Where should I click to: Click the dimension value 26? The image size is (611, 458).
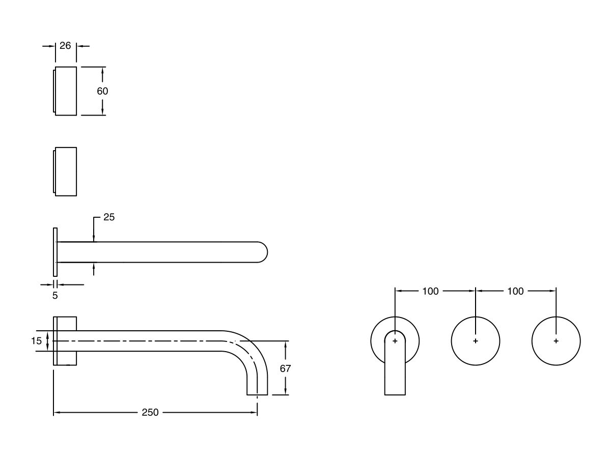click(65, 46)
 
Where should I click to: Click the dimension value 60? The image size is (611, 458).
click(103, 91)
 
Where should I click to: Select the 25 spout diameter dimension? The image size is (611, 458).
click(109, 217)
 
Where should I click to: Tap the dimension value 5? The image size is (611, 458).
click(55, 295)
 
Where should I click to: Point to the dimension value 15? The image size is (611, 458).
click(36, 341)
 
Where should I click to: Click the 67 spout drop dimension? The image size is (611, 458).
click(285, 368)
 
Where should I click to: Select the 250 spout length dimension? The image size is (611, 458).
click(150, 413)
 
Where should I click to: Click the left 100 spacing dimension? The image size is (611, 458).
click(430, 291)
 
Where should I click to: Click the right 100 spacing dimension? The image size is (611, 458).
click(515, 291)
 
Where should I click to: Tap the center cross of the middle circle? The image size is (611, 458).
click(476, 341)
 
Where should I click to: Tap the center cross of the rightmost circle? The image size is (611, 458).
click(556, 341)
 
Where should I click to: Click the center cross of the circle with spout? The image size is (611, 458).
click(395, 341)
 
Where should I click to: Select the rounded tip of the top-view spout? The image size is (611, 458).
click(262, 252)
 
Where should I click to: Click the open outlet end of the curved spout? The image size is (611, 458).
click(257, 394)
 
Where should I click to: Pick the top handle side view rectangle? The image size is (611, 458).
click(66, 91)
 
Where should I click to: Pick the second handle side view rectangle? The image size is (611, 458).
click(66, 171)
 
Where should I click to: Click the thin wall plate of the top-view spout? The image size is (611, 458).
click(54, 252)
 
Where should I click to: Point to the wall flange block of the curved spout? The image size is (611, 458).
click(66, 341)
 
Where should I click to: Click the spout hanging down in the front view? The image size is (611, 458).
click(395, 369)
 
